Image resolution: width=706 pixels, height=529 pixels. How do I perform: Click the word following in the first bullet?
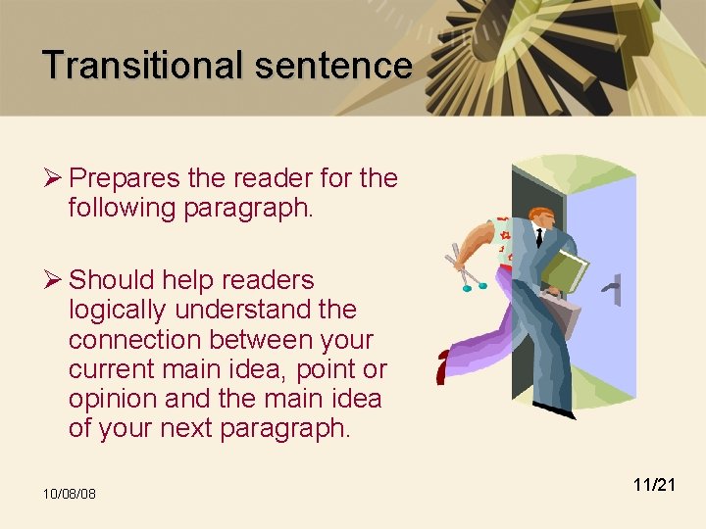point(122,208)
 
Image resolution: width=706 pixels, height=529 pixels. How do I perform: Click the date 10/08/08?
point(69,493)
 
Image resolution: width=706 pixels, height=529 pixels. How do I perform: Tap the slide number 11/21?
point(655,484)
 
